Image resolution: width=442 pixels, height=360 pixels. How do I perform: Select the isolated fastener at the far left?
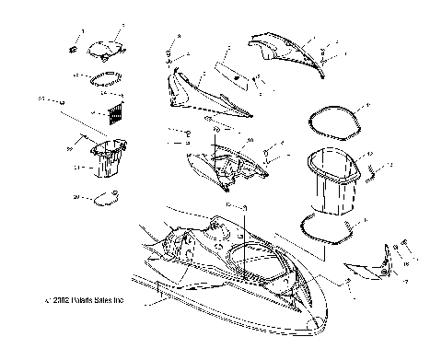click(62, 104)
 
